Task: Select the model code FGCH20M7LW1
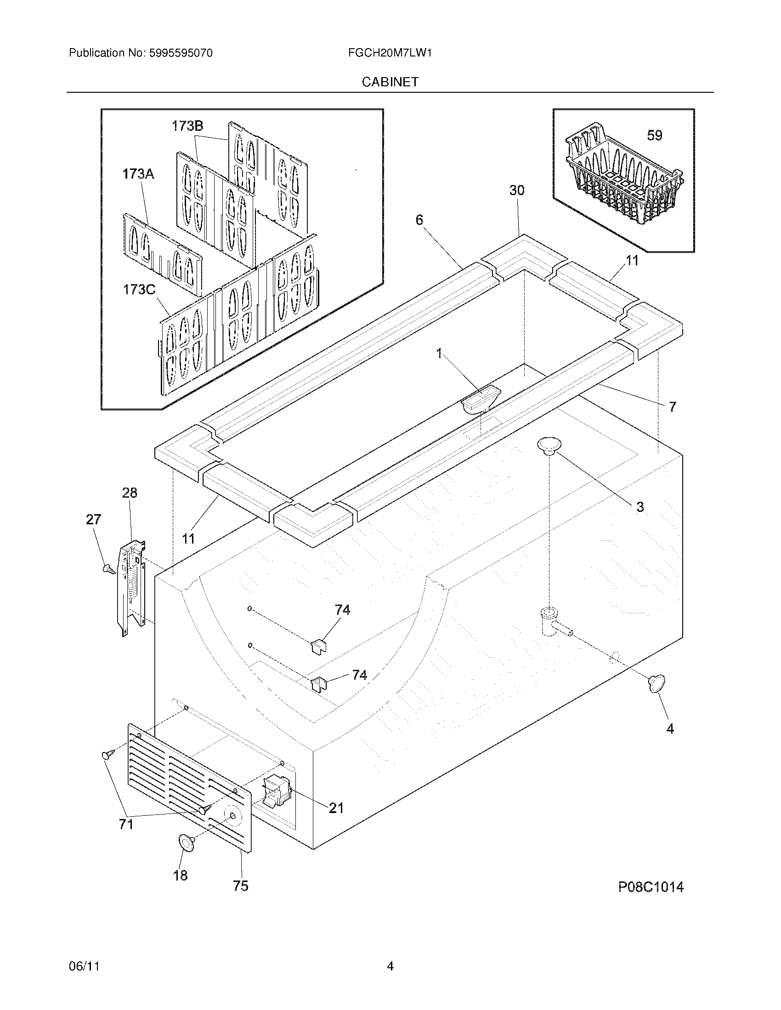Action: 390,53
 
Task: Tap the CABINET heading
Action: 390,82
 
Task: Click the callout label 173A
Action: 138,174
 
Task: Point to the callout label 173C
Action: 139,290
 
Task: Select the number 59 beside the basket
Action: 654,135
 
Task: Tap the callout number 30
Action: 517,190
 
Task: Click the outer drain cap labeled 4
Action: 656,684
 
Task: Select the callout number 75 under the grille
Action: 241,886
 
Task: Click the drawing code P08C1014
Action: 651,887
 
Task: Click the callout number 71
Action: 126,824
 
